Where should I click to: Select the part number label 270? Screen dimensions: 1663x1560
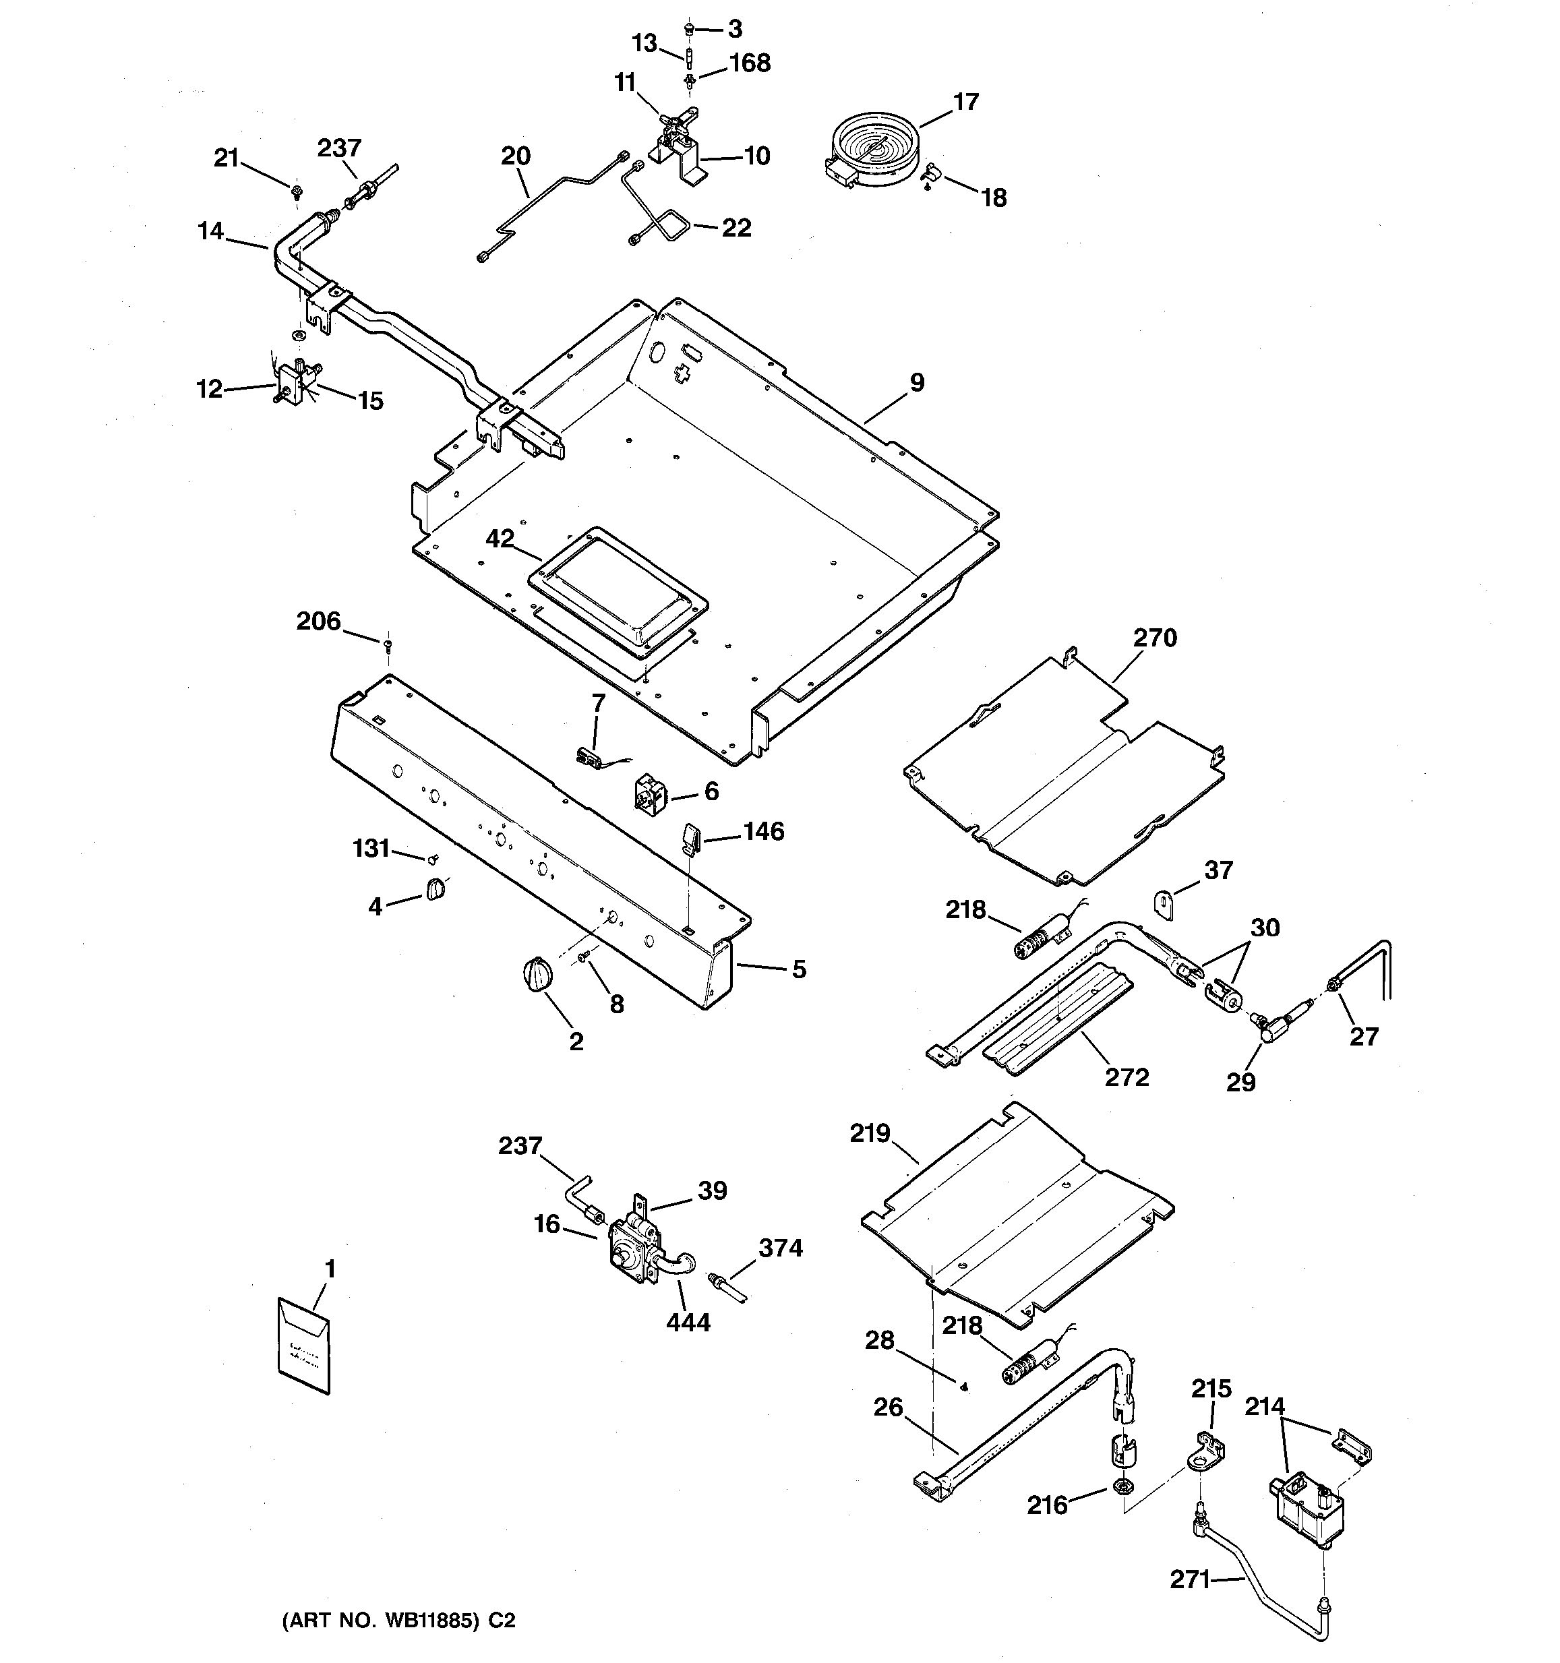click(x=1154, y=638)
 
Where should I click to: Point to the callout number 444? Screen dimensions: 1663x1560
click(x=688, y=1322)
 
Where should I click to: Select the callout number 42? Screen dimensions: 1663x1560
click(x=500, y=539)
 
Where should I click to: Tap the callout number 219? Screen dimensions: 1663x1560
click(x=870, y=1133)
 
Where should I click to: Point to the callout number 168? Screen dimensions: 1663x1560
click(x=750, y=63)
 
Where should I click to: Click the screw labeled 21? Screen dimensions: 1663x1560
click(x=296, y=192)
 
